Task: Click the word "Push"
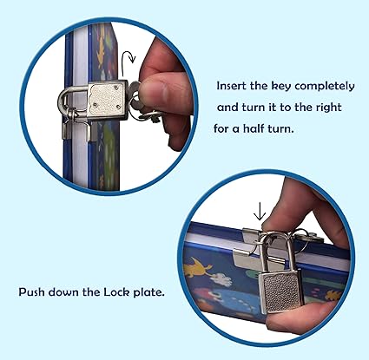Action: (32, 291)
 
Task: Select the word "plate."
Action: (148, 292)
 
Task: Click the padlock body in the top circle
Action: (107, 101)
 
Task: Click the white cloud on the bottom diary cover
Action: (222, 279)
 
